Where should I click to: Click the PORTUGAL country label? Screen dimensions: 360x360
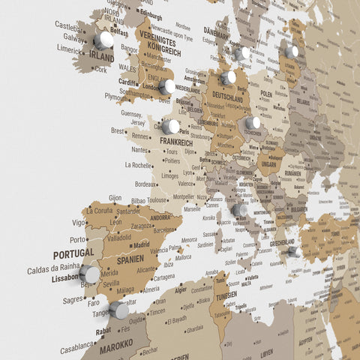pyautogui.click(x=73, y=253)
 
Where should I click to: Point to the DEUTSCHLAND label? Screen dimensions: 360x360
pyautogui.click(x=226, y=97)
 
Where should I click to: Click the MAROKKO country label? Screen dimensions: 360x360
pyautogui.click(x=106, y=346)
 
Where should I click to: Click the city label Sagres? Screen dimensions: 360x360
pyautogui.click(x=73, y=298)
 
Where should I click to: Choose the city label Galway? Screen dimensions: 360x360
pyautogui.click(x=74, y=36)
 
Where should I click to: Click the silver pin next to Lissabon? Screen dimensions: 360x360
pyautogui.click(x=89, y=274)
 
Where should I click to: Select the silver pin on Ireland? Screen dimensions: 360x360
pyautogui.click(x=104, y=39)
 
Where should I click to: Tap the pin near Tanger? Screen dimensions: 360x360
pyautogui.click(x=118, y=310)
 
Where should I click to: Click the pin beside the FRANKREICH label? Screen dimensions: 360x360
pyautogui.click(x=171, y=127)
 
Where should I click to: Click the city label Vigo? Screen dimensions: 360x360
pyautogui.click(x=79, y=223)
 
